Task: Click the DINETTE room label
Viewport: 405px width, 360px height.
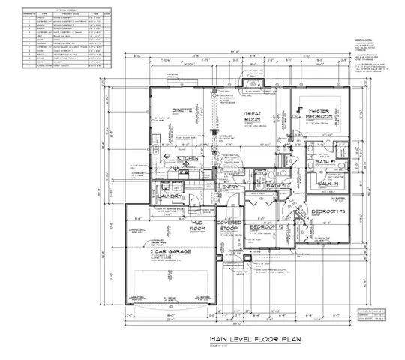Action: pos(183,110)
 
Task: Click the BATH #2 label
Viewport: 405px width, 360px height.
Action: pos(324,163)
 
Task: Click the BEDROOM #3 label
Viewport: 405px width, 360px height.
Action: pos(328,211)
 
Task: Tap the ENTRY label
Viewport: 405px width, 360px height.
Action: pos(229,187)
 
